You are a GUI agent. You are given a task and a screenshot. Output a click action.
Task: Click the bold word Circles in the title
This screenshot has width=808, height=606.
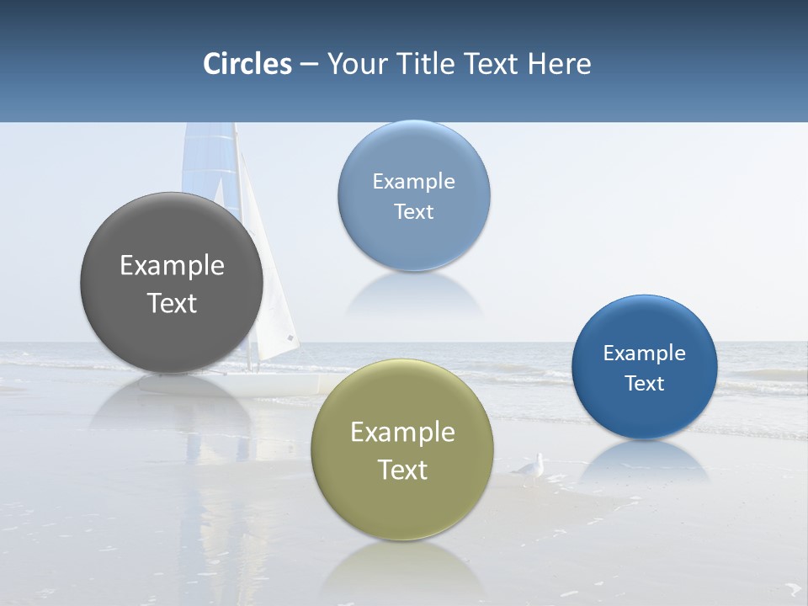coord(247,64)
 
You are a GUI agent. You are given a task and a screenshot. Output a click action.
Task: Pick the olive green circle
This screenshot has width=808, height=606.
coord(401,505)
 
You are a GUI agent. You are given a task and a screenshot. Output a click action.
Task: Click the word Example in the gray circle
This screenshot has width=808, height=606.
coord(172,266)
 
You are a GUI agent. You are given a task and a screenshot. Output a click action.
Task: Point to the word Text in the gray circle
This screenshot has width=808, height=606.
coord(172,303)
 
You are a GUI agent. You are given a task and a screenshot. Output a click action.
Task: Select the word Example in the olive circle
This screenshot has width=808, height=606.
coord(402,433)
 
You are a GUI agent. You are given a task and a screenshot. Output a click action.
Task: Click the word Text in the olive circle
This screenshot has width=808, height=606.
coord(402,470)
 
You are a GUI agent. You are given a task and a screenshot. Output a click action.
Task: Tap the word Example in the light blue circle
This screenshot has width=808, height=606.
coord(413,182)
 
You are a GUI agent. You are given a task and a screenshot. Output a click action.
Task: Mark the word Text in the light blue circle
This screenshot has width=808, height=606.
coord(413,211)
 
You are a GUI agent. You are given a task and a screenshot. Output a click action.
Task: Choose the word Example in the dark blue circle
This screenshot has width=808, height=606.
coord(644,353)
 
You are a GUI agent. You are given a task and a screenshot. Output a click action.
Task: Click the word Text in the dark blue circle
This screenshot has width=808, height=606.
coord(644,384)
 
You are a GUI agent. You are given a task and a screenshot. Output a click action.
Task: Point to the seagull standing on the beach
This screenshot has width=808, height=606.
coord(531,469)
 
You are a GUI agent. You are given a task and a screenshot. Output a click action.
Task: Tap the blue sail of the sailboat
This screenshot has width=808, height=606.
coord(207,160)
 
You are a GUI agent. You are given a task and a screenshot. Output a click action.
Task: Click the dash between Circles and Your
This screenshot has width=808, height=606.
coord(309,65)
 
